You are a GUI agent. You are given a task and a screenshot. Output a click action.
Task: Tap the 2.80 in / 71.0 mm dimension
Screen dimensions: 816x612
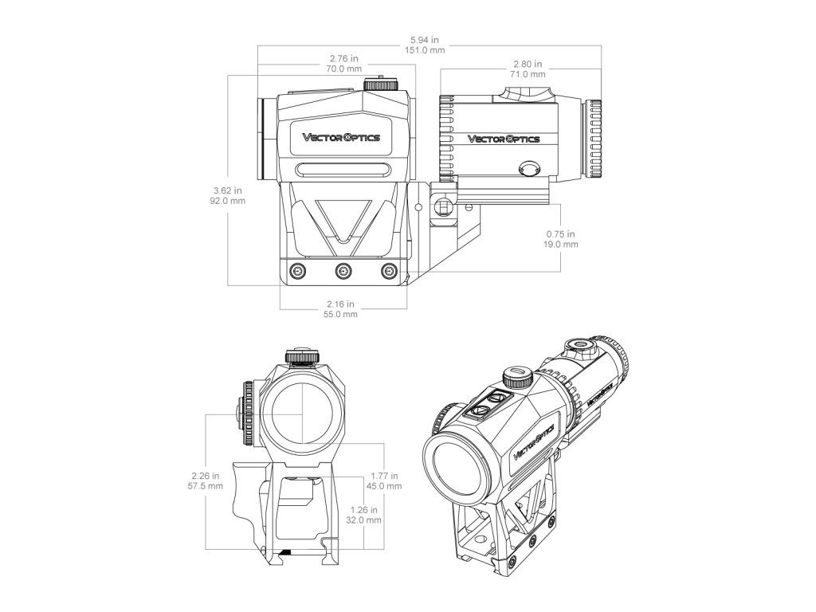[x=528, y=69]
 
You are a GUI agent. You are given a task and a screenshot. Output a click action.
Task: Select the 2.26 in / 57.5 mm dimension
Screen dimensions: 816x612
[x=206, y=481]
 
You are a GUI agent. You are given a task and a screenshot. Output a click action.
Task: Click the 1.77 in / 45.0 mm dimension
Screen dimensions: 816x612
[x=386, y=481]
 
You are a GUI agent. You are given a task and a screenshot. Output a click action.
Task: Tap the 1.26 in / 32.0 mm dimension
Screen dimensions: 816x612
[x=365, y=515]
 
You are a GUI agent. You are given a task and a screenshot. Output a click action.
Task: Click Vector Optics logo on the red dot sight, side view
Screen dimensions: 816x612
[x=340, y=137]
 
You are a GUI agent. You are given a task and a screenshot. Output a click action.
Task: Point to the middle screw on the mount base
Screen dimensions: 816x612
[x=343, y=271]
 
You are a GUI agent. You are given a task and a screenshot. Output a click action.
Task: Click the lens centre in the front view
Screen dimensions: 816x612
[x=303, y=415]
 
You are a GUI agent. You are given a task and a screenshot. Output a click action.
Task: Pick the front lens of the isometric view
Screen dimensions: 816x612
[x=456, y=468]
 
